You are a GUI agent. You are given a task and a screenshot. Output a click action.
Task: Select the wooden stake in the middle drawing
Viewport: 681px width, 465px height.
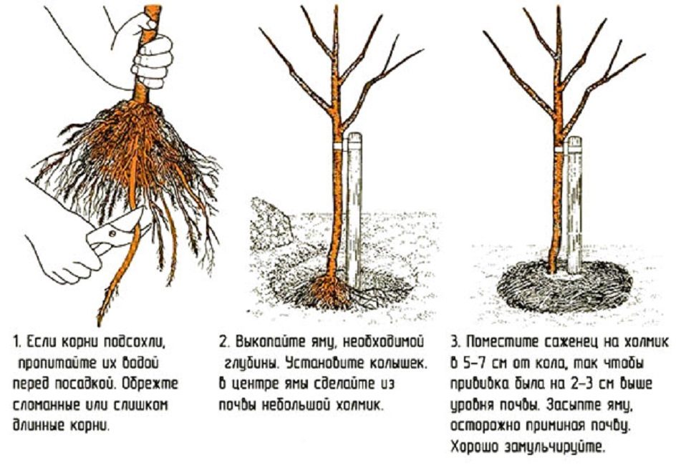[354, 207]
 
